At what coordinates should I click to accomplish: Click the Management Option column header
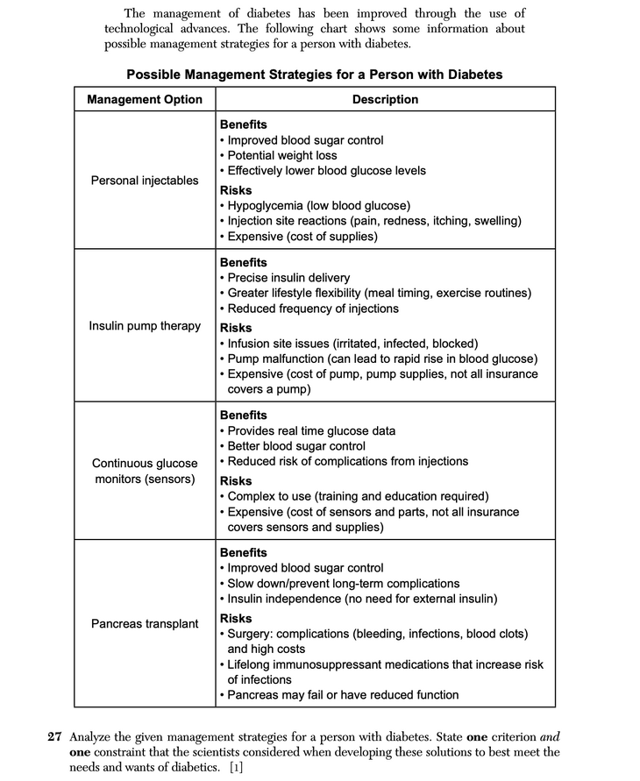pyautogui.click(x=145, y=99)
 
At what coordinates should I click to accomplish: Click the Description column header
pyautogui.click(x=385, y=99)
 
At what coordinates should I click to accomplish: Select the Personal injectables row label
pyautogui.click(x=145, y=181)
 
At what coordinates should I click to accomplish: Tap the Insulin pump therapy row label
pyautogui.click(x=145, y=326)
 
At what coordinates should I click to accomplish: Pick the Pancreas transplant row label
pyautogui.click(x=145, y=624)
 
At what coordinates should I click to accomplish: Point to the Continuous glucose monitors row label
pyautogui.click(x=145, y=471)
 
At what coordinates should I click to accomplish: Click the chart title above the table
pyautogui.click(x=314, y=75)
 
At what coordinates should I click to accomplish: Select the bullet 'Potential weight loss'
pyautogui.click(x=281, y=155)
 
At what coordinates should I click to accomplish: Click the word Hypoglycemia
pyautogui.click(x=266, y=206)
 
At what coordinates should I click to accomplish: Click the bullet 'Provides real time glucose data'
pyautogui.click(x=310, y=430)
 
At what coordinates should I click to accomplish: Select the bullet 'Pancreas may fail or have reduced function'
pyautogui.click(x=342, y=695)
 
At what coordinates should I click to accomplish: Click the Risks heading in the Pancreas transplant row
pyautogui.click(x=235, y=618)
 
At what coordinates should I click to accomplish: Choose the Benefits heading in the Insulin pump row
pyautogui.click(x=243, y=262)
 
